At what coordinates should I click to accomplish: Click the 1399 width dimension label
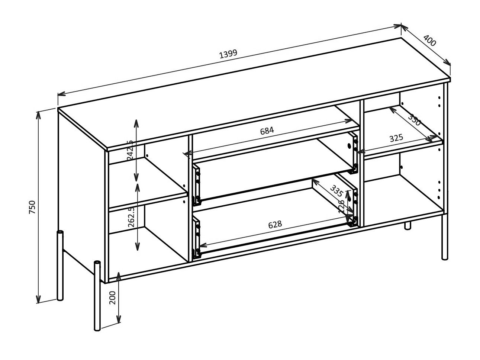tap(228, 54)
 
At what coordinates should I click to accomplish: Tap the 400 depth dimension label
tap(429, 41)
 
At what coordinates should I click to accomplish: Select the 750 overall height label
tap(32, 207)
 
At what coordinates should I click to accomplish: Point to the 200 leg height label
tap(113, 298)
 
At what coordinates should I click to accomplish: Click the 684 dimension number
tap(267, 131)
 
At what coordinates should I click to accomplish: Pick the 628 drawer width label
tap(275, 225)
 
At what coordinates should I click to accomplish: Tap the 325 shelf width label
tap(396, 138)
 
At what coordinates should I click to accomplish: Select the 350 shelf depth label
tap(414, 119)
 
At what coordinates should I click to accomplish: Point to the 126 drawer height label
tap(342, 206)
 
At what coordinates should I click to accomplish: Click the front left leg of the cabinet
tap(97, 296)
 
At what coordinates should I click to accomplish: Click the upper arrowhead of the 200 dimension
tap(119, 274)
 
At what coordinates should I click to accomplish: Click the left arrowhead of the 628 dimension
tap(202, 245)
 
